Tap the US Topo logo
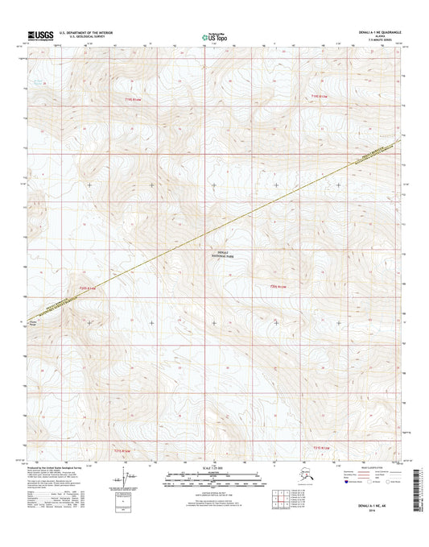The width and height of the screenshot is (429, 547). click(213, 35)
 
